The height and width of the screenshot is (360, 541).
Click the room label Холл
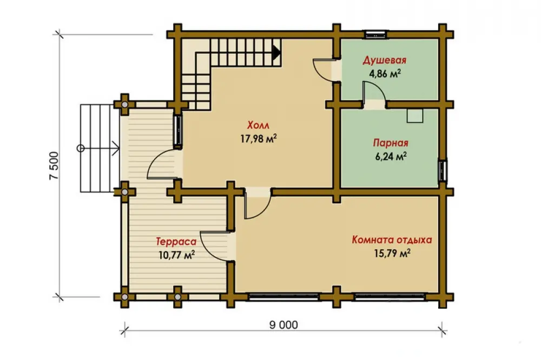(x=258, y=125)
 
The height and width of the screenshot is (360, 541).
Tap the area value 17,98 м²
(x=259, y=138)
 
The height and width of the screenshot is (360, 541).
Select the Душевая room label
(x=384, y=61)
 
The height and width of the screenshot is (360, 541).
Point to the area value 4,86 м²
(x=385, y=74)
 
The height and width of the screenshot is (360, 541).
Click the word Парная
(x=391, y=143)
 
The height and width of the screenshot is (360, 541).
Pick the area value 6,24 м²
(x=391, y=156)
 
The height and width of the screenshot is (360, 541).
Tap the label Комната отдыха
(x=392, y=239)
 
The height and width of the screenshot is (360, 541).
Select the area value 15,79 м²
(x=392, y=254)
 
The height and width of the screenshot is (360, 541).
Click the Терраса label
(x=176, y=242)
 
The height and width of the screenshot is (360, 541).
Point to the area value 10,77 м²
(x=177, y=255)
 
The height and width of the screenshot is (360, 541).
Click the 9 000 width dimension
(x=283, y=325)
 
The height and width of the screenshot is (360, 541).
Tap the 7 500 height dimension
(x=55, y=166)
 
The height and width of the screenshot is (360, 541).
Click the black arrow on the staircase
(x=276, y=52)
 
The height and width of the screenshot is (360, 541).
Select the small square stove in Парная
(x=415, y=116)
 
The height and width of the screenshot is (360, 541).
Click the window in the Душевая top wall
(x=376, y=34)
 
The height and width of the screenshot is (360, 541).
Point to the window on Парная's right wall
(x=443, y=169)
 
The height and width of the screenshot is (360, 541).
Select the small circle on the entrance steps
(x=81, y=148)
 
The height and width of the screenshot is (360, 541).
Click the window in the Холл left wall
(x=179, y=131)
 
